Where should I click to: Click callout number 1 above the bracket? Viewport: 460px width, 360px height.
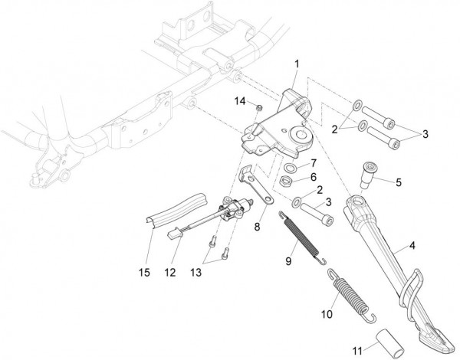[x=297, y=64]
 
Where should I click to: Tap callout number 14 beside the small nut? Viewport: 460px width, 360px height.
[x=240, y=101]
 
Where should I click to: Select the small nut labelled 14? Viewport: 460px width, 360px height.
[x=259, y=108]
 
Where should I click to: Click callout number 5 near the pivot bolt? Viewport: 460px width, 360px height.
[x=399, y=182]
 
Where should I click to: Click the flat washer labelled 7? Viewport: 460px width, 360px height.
[x=289, y=168]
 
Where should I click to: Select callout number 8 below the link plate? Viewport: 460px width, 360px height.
[x=257, y=227]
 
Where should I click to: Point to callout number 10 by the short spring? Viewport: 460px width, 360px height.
[x=327, y=314]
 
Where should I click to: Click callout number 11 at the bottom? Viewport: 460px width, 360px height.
[x=357, y=351]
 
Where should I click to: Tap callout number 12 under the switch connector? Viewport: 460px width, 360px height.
[x=170, y=273]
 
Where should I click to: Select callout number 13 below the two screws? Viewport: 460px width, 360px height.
[x=196, y=273]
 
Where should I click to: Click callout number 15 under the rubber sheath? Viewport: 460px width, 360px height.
[x=144, y=273]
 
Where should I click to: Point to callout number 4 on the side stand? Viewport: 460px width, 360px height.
[x=412, y=246]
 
